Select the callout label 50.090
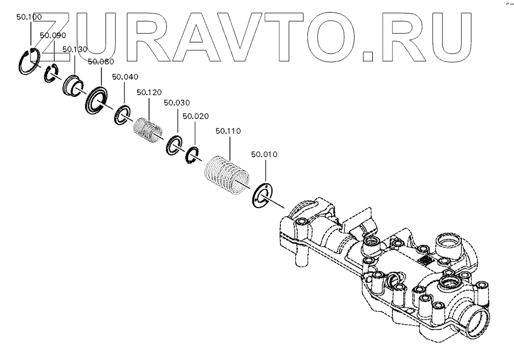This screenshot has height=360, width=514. coord(52,35)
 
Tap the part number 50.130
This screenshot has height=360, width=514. coord(74,49)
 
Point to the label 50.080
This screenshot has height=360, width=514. coord(100,61)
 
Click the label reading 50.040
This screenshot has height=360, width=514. coord(124,77)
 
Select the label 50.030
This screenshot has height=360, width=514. coord(176,103)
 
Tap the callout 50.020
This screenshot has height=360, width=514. coord(195,116)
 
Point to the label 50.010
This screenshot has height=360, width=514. coord(264,154)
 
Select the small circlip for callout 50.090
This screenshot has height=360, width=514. coord(52,75)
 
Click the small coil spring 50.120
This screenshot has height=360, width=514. coord(150,131)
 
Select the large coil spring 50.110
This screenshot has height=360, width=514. coord(228,175)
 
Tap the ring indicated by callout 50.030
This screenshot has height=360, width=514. coord(174,145)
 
